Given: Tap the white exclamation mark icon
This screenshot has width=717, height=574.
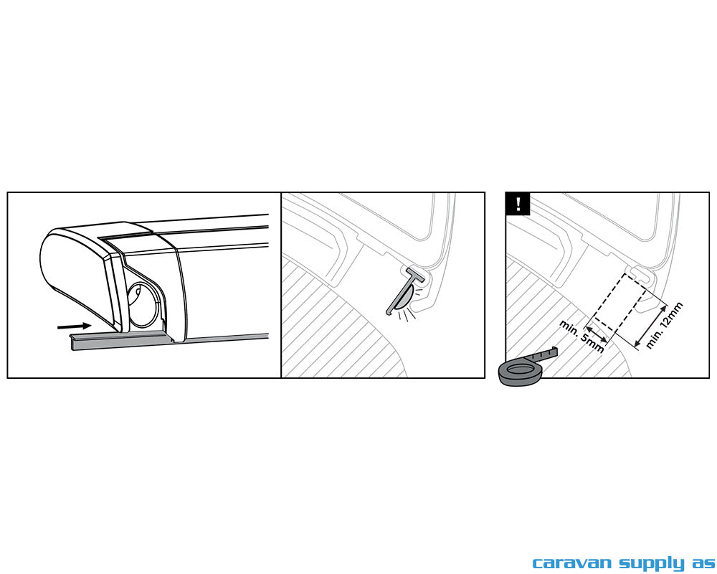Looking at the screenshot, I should (x=518, y=204).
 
